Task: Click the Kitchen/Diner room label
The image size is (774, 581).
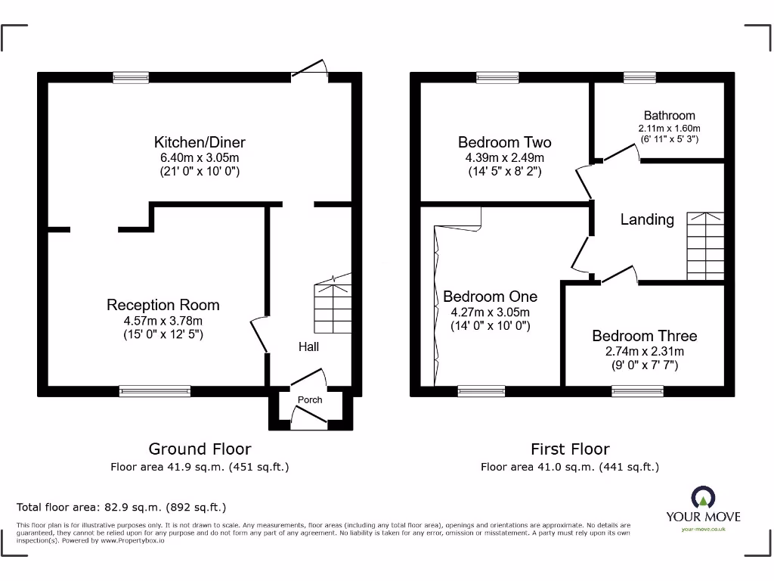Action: pos(200,142)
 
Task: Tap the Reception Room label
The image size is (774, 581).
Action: pos(163,305)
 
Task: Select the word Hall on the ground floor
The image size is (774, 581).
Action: pos(308,346)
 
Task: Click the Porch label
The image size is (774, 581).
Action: pos(310,399)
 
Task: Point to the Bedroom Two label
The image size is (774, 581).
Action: pos(504,142)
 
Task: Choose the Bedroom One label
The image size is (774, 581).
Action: pos(490,297)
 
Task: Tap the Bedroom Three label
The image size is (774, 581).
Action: pos(644,336)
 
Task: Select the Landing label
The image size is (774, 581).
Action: pos(647,219)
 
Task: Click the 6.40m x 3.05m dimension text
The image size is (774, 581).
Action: pos(200,157)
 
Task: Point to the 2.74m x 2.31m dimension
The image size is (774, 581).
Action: pos(644,352)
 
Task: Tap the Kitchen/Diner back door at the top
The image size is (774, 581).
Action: pos(310,72)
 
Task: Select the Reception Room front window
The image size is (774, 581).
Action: pos(155,391)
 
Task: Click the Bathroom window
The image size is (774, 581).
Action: pos(639,77)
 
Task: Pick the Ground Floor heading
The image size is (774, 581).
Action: pos(200,449)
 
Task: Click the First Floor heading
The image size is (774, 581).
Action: pos(570,449)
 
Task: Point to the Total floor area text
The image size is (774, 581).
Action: pos(121,507)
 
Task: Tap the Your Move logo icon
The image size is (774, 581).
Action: pos(703,497)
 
